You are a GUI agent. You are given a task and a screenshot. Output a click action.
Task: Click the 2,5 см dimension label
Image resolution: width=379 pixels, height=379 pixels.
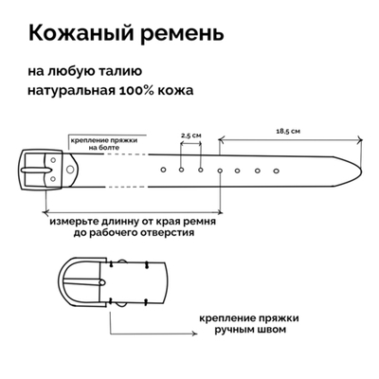(190, 135)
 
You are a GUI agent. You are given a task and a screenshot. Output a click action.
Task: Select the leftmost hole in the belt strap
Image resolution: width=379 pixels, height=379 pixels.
(162, 170)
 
